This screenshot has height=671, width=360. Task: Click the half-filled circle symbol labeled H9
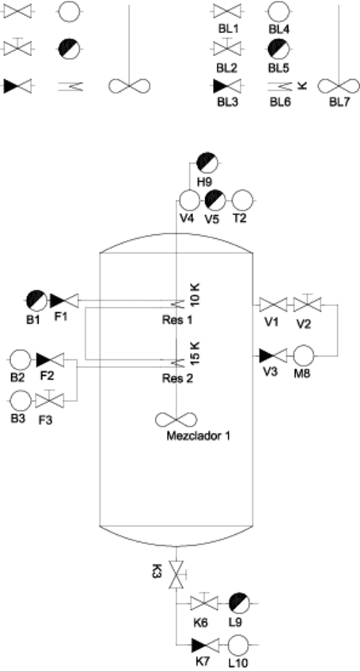(209, 162)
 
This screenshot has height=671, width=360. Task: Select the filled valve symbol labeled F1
(62, 300)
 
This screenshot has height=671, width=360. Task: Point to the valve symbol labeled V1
(272, 305)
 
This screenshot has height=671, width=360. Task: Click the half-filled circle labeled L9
(239, 603)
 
